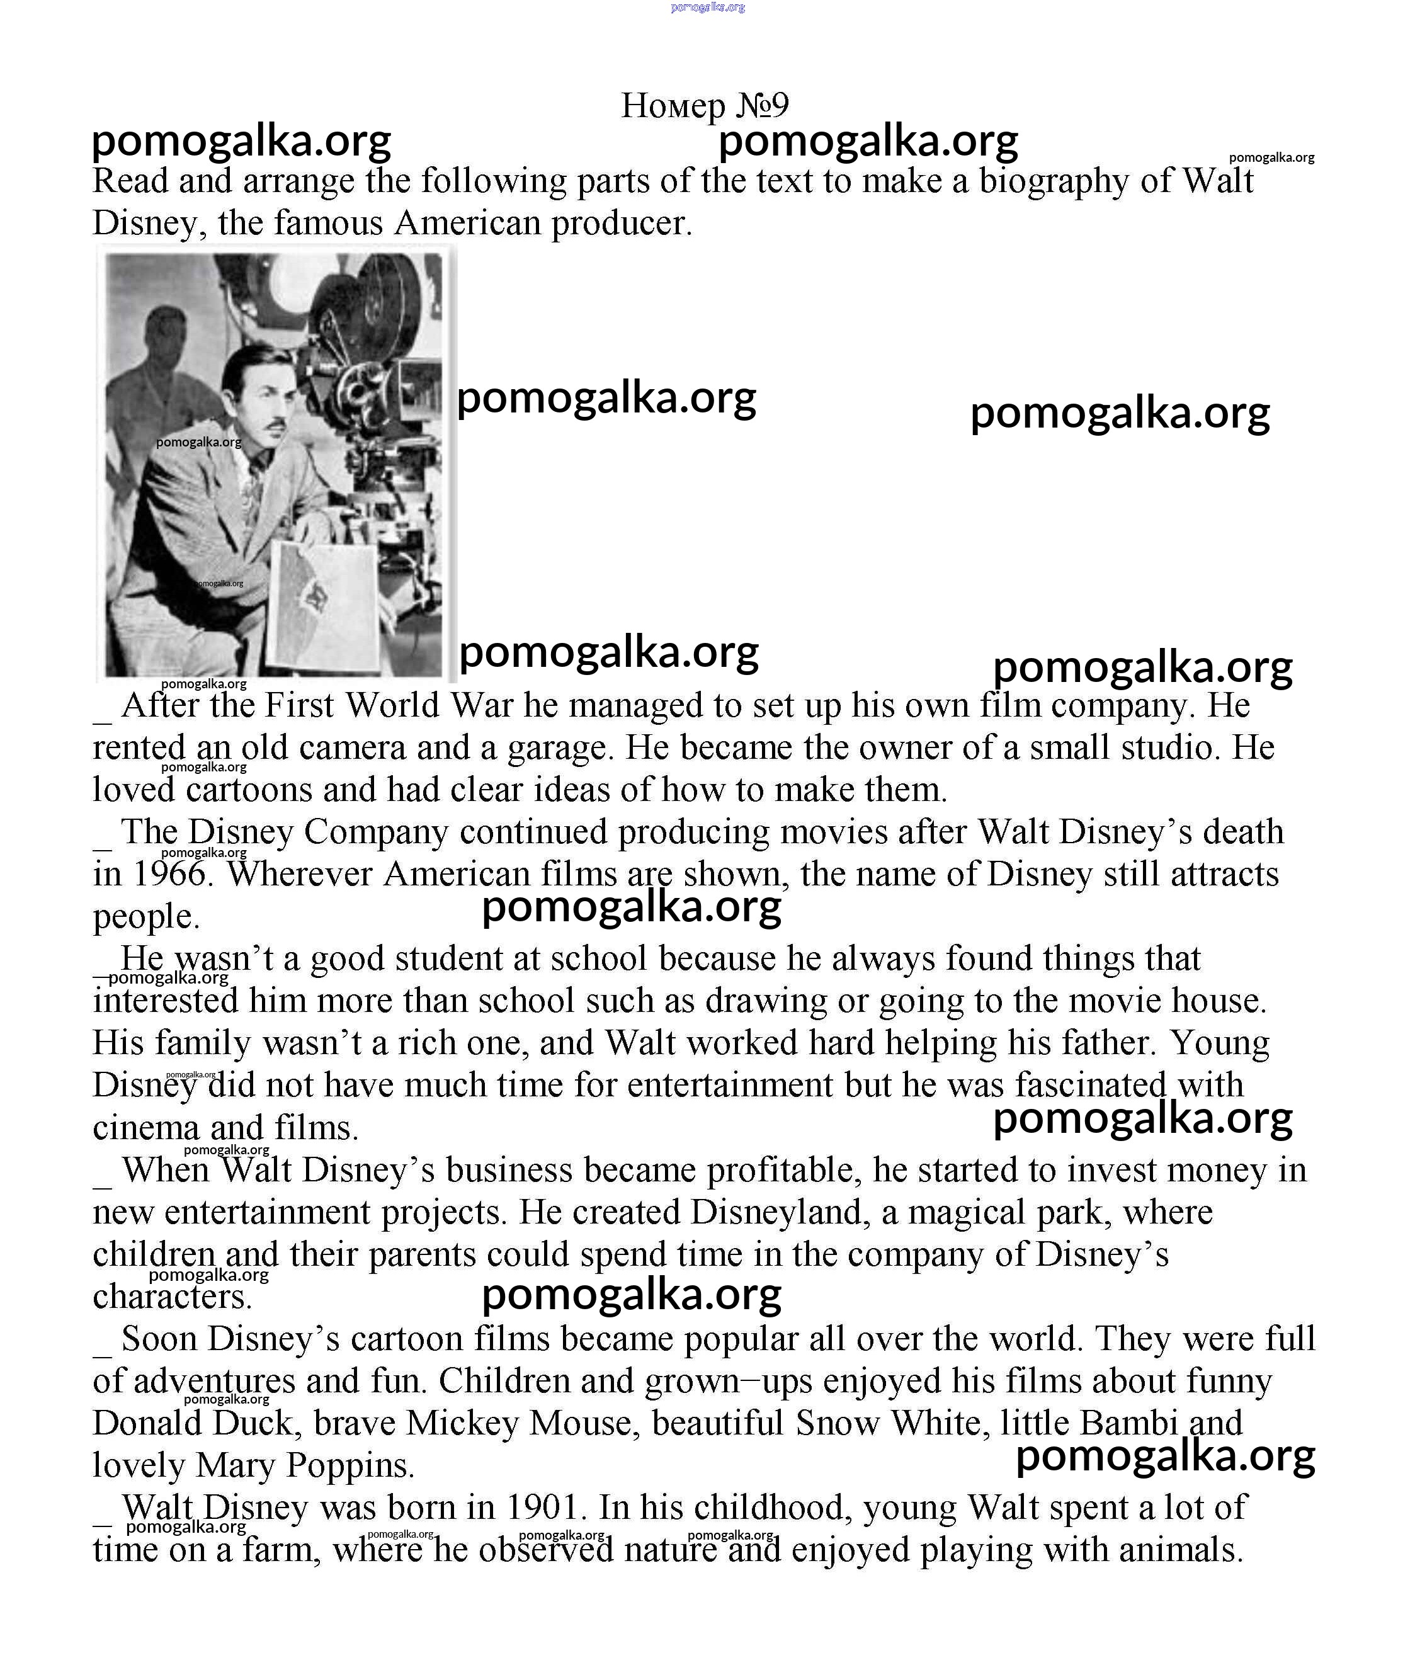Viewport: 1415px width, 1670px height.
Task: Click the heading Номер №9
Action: point(705,105)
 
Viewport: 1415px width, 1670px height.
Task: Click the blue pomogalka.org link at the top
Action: point(708,7)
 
